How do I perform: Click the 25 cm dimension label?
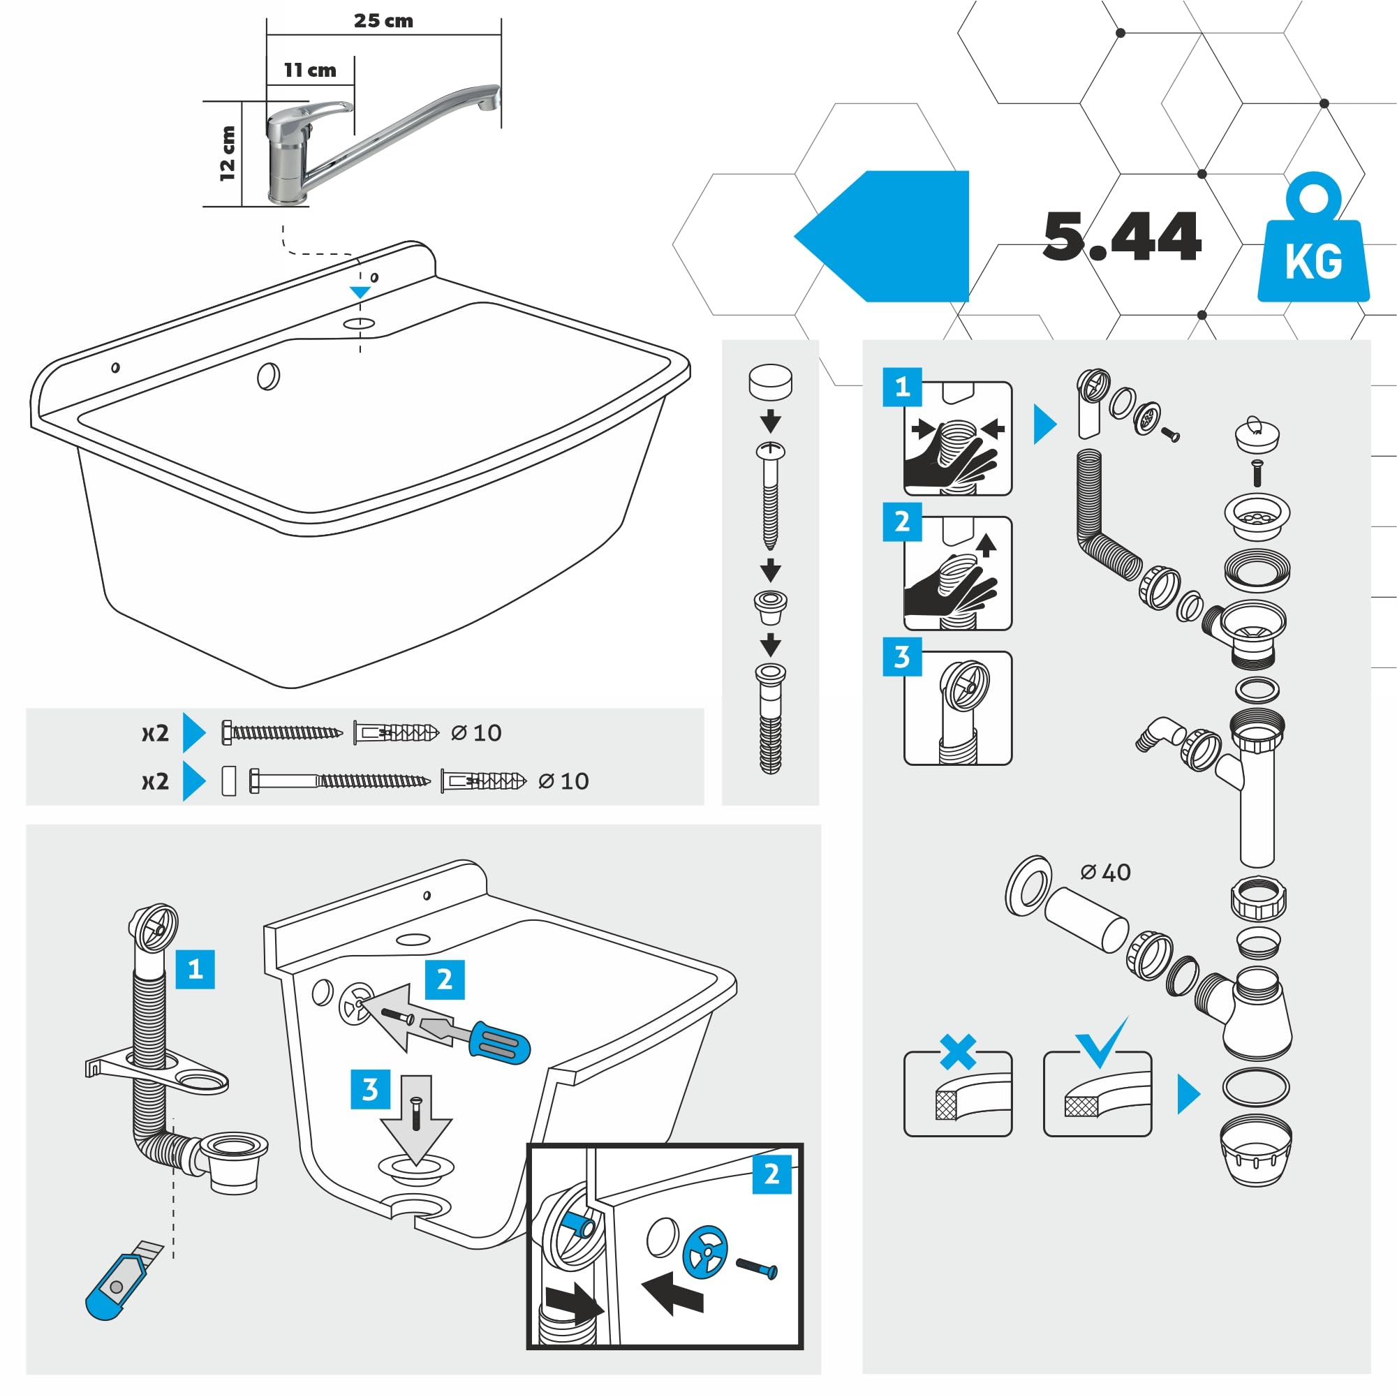pos(383,21)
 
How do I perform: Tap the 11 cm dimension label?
pos(309,70)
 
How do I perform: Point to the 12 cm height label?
pos(228,153)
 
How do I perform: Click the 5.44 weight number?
pos(1121,237)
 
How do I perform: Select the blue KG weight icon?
pos(1313,239)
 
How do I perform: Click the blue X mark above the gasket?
pos(957,1052)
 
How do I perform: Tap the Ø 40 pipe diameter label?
pos(1106,873)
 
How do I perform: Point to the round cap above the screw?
pos(770,383)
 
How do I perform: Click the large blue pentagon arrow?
pos(882,237)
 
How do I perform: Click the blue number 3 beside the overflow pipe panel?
pos(902,656)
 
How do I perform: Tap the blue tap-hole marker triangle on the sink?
pos(360,292)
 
